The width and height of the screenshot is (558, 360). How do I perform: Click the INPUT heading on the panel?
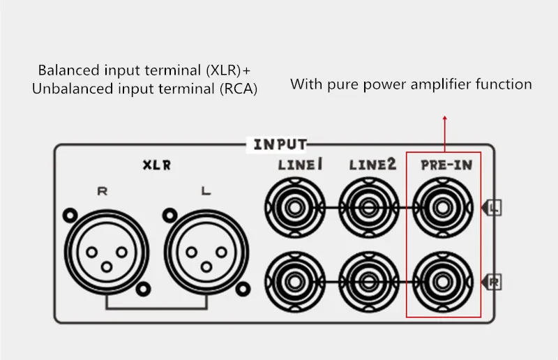[279, 144]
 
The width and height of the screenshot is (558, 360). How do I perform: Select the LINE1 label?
[296, 165]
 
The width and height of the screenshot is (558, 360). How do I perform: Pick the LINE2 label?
[372, 165]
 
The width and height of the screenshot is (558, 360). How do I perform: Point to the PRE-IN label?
[444, 167]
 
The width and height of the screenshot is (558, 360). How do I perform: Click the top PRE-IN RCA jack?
[442, 207]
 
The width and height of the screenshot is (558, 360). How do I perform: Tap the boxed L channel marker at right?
[495, 207]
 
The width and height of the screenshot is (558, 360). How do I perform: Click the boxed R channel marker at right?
[495, 282]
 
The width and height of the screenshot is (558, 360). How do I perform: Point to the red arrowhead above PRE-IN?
[444, 119]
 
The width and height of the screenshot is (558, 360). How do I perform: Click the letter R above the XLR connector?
[102, 190]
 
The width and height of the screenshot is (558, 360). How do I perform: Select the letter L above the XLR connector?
[204, 190]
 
